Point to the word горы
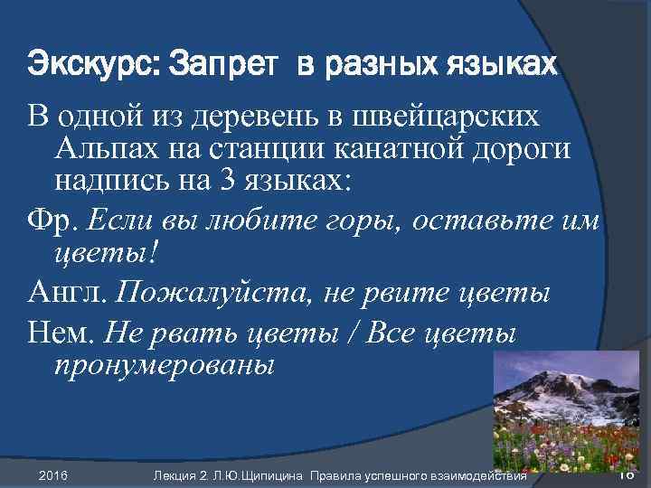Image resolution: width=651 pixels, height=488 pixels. pos(375,217)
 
